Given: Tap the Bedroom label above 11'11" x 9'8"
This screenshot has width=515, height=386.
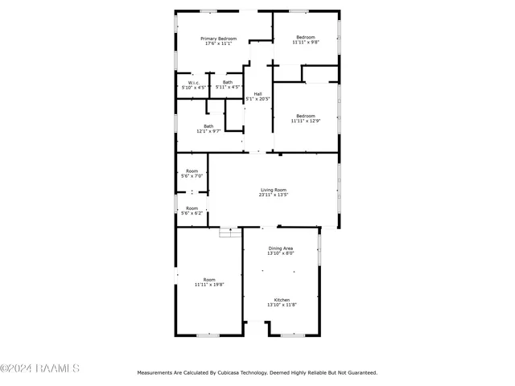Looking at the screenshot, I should click(306, 37).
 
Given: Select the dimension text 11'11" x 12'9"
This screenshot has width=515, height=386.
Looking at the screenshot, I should click(305, 121).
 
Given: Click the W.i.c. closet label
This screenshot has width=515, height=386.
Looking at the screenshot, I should click(194, 82).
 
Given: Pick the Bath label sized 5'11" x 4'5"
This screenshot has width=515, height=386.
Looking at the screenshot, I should click(228, 82).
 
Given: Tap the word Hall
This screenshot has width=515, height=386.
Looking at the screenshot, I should click(257, 94).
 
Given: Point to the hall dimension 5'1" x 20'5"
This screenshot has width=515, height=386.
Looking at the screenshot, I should click(257, 99).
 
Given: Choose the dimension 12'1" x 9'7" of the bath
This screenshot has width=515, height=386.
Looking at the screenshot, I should click(208, 131).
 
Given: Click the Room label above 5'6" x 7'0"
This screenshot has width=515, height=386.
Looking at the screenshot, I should click(192, 170).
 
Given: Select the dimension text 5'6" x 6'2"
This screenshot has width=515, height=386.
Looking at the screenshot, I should click(192, 212).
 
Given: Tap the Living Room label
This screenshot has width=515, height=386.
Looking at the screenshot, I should click(274, 190).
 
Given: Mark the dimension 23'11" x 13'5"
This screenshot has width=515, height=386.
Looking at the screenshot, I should click(274, 195).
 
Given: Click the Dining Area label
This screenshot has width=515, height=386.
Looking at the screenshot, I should click(281, 248).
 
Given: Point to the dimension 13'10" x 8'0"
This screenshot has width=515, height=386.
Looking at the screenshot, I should click(281, 253).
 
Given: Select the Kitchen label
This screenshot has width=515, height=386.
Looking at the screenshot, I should click(282, 300).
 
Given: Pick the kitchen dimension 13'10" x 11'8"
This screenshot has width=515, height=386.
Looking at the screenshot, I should click(282, 305).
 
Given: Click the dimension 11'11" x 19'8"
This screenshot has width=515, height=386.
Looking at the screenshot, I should click(209, 285).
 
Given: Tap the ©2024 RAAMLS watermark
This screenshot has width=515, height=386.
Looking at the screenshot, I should click(40, 368).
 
